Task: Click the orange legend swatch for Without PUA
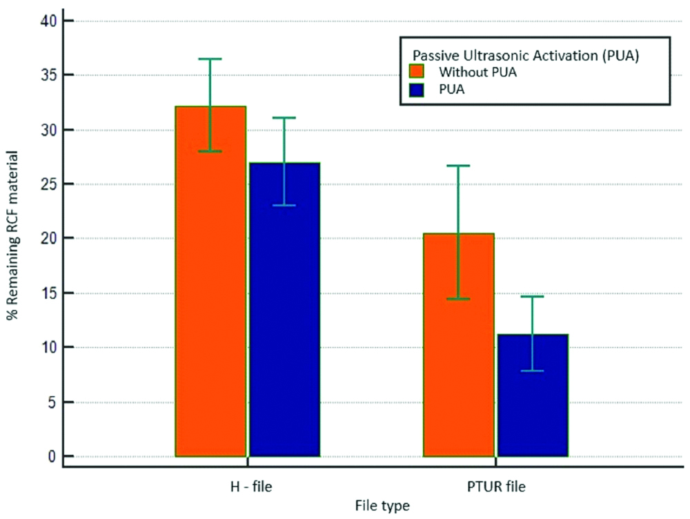tap(416, 72)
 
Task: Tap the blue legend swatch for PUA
tap(416, 88)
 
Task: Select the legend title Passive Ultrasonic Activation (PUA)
tap(526, 55)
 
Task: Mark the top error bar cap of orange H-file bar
tap(210, 59)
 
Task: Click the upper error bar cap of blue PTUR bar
tap(532, 297)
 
